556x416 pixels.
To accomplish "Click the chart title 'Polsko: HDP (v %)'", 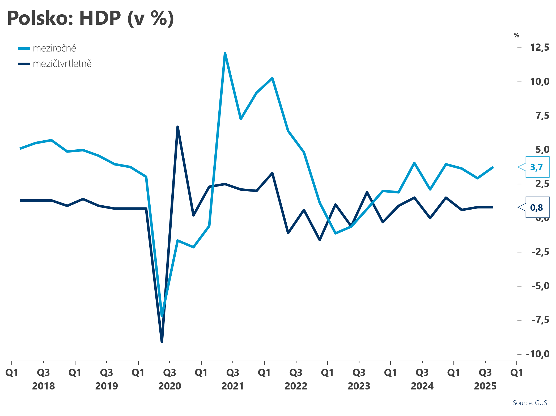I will click(91, 18).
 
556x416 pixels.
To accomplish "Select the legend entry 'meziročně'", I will click(54, 48).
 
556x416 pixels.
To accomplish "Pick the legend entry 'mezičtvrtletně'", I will click(62, 64).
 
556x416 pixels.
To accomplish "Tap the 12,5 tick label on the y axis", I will click(540, 47).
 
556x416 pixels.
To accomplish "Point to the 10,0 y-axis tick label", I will click(540, 81).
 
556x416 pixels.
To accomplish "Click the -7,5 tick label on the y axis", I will click(540, 320).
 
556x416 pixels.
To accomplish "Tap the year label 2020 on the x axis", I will click(170, 386).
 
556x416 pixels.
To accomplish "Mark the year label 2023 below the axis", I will click(359, 386).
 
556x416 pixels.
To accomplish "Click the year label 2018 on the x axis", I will click(44, 386).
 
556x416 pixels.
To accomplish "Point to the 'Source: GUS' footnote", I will click(530, 403).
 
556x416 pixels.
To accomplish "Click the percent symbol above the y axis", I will click(516, 35).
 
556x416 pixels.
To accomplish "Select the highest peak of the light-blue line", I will click(225, 53).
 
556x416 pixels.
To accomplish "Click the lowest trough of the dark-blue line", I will click(162, 342).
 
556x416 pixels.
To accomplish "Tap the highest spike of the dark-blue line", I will click(178, 127).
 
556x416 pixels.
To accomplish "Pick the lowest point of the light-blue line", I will click(162, 316).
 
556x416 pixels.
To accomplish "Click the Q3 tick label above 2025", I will click(485, 373).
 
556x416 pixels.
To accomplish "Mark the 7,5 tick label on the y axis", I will click(542, 116).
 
